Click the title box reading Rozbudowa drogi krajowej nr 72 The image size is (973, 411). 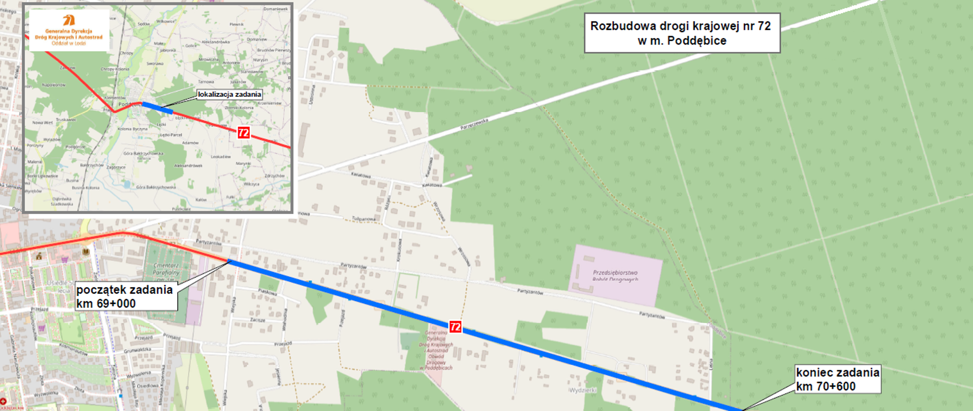(x=682, y=33)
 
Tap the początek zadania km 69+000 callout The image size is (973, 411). (x=125, y=296)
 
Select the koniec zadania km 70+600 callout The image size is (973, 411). (x=837, y=379)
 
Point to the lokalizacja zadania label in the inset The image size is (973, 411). (x=229, y=94)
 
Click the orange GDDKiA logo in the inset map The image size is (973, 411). (x=69, y=20)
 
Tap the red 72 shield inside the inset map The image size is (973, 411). (x=244, y=132)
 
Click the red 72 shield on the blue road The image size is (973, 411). (x=456, y=327)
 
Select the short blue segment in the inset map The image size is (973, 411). (x=158, y=108)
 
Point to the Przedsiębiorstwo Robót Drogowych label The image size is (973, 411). (x=615, y=276)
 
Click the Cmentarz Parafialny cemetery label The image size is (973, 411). (x=166, y=269)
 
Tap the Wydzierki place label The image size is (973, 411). (x=583, y=390)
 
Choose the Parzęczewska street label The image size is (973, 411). (x=474, y=124)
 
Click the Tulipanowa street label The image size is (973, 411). (x=364, y=219)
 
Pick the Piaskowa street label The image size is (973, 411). (x=268, y=292)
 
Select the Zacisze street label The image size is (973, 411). (x=257, y=320)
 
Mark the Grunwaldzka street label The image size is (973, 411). (x=137, y=350)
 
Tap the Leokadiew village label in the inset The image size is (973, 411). (x=221, y=157)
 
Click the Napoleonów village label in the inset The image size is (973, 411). (x=53, y=85)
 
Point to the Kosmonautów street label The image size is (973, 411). (x=74, y=348)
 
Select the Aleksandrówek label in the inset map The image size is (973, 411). (x=188, y=165)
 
